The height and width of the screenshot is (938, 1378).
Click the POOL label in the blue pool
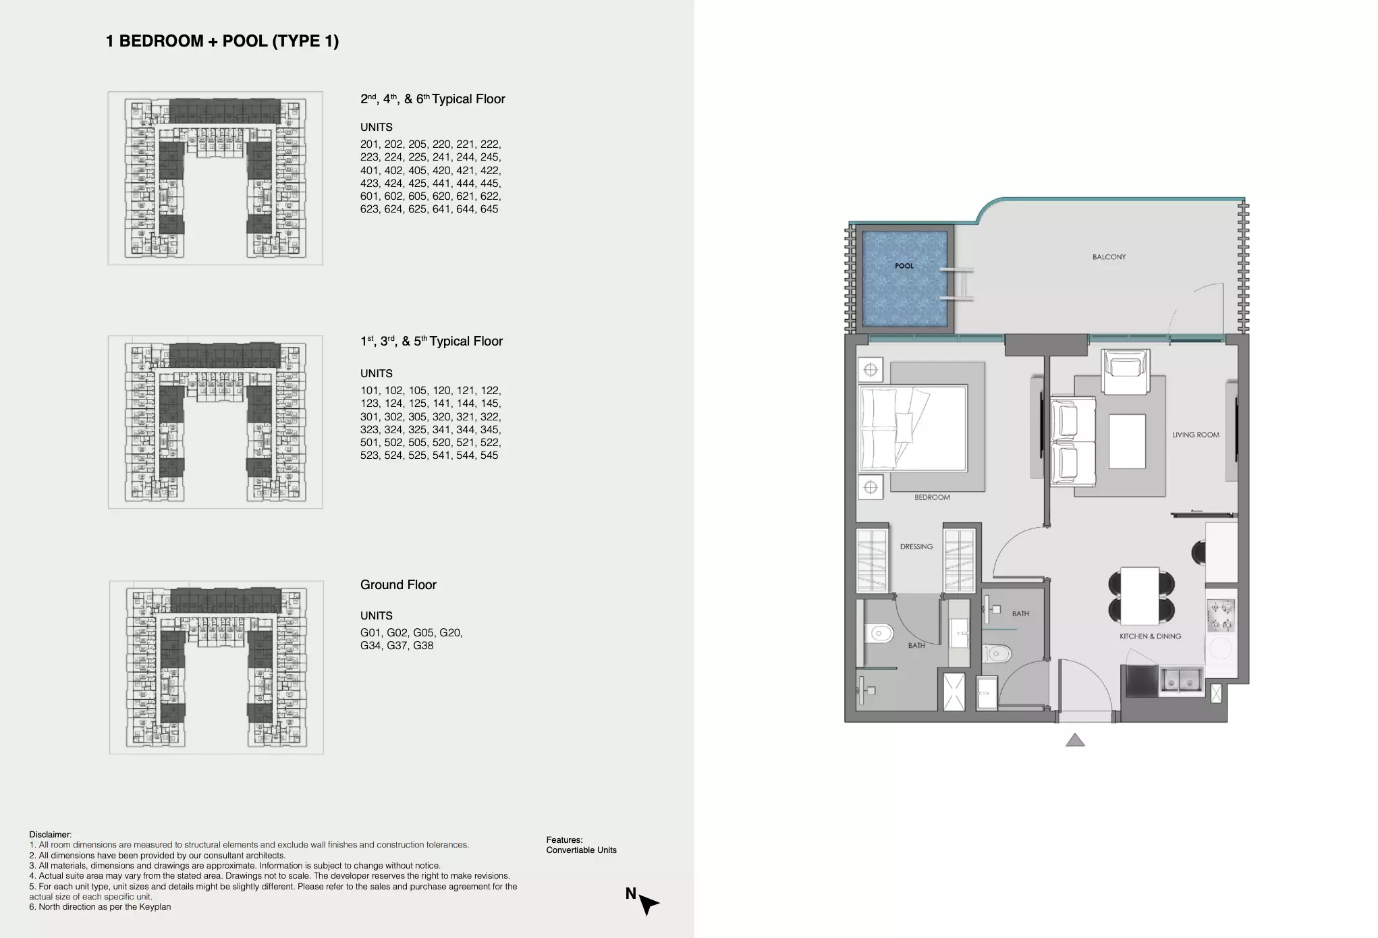[x=904, y=266]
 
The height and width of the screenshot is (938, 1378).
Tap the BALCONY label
[x=1109, y=257]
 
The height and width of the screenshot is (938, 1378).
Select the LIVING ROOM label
[x=1195, y=435]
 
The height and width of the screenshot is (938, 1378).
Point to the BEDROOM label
[x=932, y=497]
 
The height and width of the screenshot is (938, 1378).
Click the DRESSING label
[x=916, y=547]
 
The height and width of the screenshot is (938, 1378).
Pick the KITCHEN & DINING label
[x=1150, y=636]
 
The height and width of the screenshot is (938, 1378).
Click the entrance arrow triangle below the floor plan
[x=1075, y=740]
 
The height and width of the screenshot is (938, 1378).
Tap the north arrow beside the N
[x=649, y=904]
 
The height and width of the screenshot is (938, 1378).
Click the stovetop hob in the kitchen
[x=1221, y=616]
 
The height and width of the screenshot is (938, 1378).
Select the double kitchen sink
[x=1181, y=681]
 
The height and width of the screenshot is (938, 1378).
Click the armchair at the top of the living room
[x=1126, y=371]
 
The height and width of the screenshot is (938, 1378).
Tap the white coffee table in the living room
[x=1127, y=441]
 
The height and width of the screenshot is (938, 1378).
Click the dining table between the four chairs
[x=1140, y=596]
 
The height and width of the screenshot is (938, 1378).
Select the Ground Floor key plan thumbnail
[x=217, y=667]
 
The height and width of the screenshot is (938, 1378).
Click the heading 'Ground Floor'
[x=398, y=585]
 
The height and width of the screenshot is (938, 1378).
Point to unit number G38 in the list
[x=423, y=646]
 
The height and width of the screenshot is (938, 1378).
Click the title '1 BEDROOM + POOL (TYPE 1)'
[x=222, y=41]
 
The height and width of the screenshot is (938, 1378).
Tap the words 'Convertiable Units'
[x=582, y=850]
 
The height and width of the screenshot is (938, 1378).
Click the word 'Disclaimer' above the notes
[x=49, y=835]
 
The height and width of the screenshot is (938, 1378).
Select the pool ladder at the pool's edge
[x=961, y=283]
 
